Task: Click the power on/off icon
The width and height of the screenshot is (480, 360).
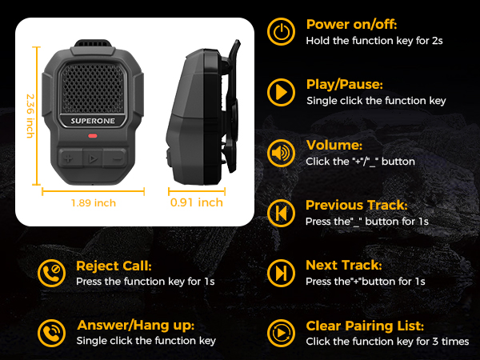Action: coord(280,33)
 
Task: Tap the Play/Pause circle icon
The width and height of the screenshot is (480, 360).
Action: coord(280,92)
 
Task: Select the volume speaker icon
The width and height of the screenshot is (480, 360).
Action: coord(280,152)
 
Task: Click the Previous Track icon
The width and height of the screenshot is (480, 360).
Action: coord(280,213)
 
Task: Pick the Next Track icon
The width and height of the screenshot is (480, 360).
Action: coord(280,273)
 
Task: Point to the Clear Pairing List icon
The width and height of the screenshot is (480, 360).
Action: coord(280,332)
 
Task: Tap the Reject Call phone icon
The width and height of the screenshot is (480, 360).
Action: coord(52,273)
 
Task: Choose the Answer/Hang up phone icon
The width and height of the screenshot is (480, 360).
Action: coord(52,332)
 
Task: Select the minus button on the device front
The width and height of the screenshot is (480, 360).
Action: coord(117,158)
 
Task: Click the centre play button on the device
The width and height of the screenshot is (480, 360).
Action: coord(93,158)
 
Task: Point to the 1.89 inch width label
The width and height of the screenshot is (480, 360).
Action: coord(94,202)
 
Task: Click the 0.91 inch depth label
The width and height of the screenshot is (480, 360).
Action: coord(197,202)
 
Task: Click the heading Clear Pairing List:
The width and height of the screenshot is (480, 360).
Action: coord(365,326)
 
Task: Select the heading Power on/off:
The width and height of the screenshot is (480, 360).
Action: coord(351,24)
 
